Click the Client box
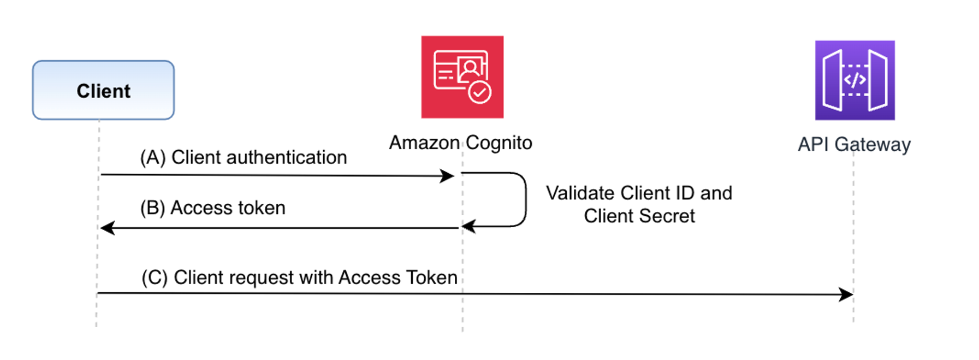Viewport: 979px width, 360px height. pyautogui.click(x=103, y=90)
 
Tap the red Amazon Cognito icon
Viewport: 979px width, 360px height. pyautogui.click(x=462, y=77)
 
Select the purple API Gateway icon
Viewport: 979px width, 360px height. pyautogui.click(x=855, y=80)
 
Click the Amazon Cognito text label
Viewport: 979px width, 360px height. pyautogui.click(x=460, y=143)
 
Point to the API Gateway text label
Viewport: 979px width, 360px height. pyautogui.click(x=854, y=144)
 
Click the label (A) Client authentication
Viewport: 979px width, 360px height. pyautogui.click(x=244, y=157)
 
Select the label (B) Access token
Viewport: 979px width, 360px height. pyautogui.click(x=212, y=208)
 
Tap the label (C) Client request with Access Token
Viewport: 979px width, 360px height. pyautogui.click(x=299, y=278)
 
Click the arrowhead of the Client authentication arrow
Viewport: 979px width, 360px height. pyautogui.click(x=448, y=176)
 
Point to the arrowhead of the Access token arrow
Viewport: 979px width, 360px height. pyautogui.click(x=107, y=228)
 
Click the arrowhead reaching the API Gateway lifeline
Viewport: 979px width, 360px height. pyautogui.click(x=847, y=294)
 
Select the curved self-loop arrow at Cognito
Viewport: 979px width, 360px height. pyautogui.click(x=525, y=199)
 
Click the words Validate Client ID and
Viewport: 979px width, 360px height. pyautogui.click(x=639, y=193)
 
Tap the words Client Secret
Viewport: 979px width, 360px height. pyautogui.click(x=639, y=216)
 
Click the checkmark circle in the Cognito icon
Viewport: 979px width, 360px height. pyautogui.click(x=480, y=92)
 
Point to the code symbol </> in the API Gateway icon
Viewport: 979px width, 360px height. pyautogui.click(x=855, y=80)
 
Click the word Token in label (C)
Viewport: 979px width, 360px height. pyautogui.click(x=432, y=278)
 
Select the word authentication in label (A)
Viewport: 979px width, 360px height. pyautogui.click(x=286, y=157)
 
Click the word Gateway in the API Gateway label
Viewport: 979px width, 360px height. pyautogui.click(x=873, y=144)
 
